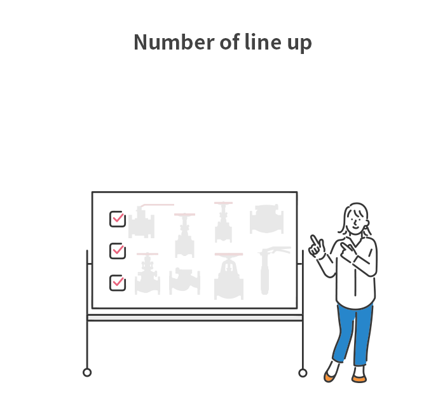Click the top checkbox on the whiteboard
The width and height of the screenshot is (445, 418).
118,219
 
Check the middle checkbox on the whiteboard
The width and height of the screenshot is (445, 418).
118,251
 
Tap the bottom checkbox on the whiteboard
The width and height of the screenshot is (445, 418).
118,283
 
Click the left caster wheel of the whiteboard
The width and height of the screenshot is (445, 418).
87,372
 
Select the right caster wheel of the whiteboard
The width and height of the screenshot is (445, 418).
303,373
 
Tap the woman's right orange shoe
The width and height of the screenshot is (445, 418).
359,379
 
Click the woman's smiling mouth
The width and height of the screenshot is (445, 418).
355,227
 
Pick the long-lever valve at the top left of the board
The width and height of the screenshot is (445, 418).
151,221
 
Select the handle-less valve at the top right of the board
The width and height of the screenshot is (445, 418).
266,219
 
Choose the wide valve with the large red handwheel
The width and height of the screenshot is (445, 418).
229,276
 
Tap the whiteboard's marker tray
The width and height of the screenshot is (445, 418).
195,318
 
